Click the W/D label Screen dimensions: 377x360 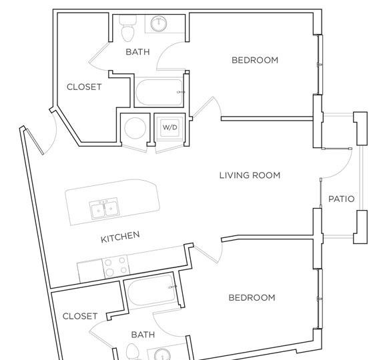pyautogui.click(x=169, y=127)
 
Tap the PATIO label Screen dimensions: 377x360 pyautogui.click(x=342, y=199)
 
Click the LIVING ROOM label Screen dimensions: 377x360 pyautogui.click(x=250, y=175)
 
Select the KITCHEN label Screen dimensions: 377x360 pyautogui.click(x=120, y=237)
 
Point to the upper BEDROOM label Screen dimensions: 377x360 pyautogui.click(x=255, y=60)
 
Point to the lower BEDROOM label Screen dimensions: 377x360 pyautogui.click(x=252, y=298)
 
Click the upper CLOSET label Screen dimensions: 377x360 pyautogui.click(x=84, y=87)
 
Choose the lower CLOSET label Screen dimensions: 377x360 pyautogui.click(x=80, y=316)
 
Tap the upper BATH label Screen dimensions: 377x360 pyautogui.click(x=137, y=52)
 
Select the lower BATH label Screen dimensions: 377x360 pyautogui.click(x=143, y=335)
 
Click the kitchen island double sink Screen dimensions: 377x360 pyautogui.click(x=104, y=209)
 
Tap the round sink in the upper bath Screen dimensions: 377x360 pyautogui.click(x=159, y=23)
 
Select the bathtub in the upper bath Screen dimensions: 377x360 pyautogui.click(x=159, y=93)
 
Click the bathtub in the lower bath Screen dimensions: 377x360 pyautogui.click(x=151, y=291)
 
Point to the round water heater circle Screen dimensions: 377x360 pyautogui.click(x=135, y=128)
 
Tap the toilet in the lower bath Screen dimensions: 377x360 pyautogui.click(x=131, y=352)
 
